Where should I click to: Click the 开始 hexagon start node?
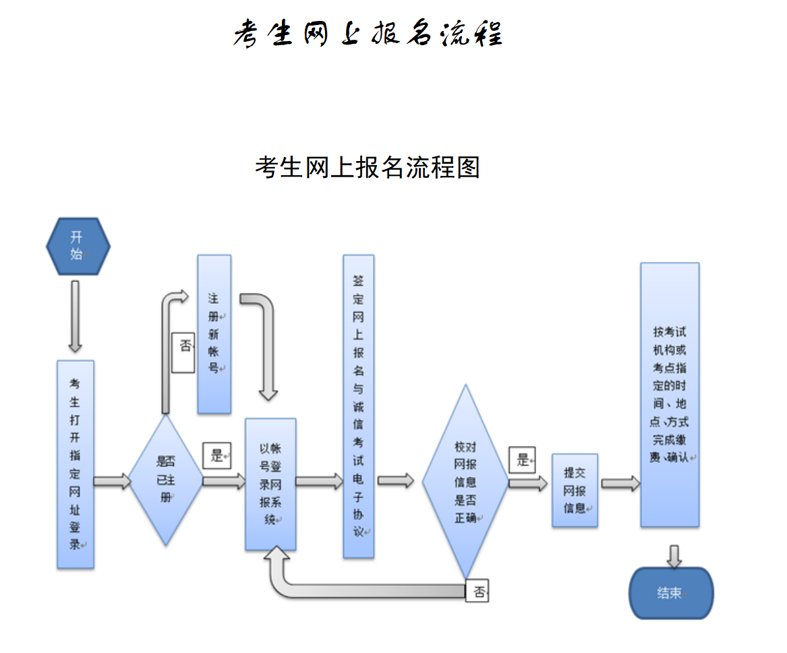78,246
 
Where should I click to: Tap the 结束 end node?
670,593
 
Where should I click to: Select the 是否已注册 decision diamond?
165,480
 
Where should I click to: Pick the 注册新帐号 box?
214,334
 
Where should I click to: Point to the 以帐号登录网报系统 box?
270,484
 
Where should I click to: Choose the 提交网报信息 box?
575,490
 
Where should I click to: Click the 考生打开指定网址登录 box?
75,464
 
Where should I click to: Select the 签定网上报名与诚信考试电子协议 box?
358,406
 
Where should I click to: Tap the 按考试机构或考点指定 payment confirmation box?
670,395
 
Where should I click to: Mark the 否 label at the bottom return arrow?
477,592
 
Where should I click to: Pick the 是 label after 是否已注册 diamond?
216,456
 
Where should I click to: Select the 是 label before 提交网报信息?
523,460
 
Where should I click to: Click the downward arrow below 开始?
75,316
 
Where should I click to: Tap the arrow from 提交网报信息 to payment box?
620,483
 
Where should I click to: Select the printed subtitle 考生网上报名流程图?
368,167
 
